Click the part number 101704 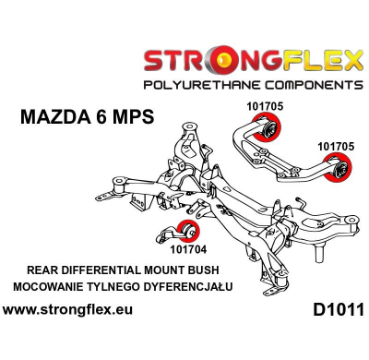(x=189, y=247)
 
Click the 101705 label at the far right (x=336, y=146)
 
